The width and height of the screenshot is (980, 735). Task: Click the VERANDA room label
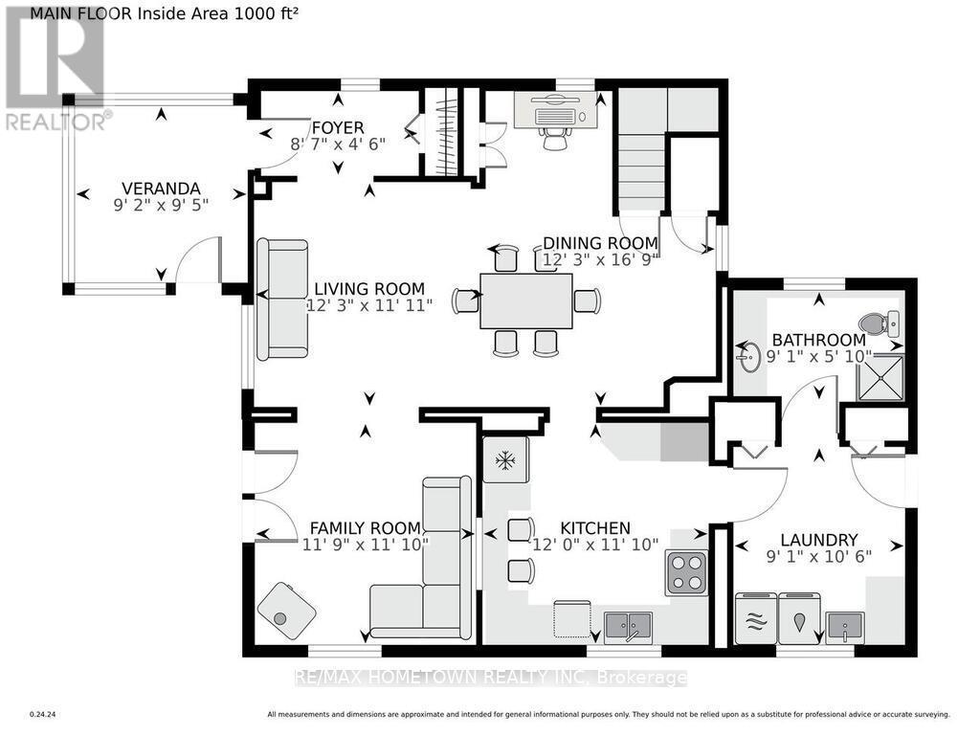(161, 189)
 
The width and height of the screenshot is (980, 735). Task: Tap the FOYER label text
(338, 127)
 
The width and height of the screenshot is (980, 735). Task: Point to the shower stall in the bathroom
(881, 377)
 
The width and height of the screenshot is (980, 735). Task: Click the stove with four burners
(686, 572)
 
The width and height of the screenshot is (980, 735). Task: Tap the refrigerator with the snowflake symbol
(505, 460)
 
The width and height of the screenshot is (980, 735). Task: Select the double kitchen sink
(628, 626)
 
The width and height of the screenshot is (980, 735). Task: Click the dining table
(526, 301)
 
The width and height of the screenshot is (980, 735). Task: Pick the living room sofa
(282, 300)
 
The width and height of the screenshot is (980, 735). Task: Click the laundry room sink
(845, 628)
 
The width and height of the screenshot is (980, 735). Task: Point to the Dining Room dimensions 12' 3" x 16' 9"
(601, 259)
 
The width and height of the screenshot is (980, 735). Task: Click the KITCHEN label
(595, 528)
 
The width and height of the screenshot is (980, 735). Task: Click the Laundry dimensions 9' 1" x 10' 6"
(819, 556)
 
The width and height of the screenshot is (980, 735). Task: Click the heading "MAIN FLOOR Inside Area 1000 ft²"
(164, 13)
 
